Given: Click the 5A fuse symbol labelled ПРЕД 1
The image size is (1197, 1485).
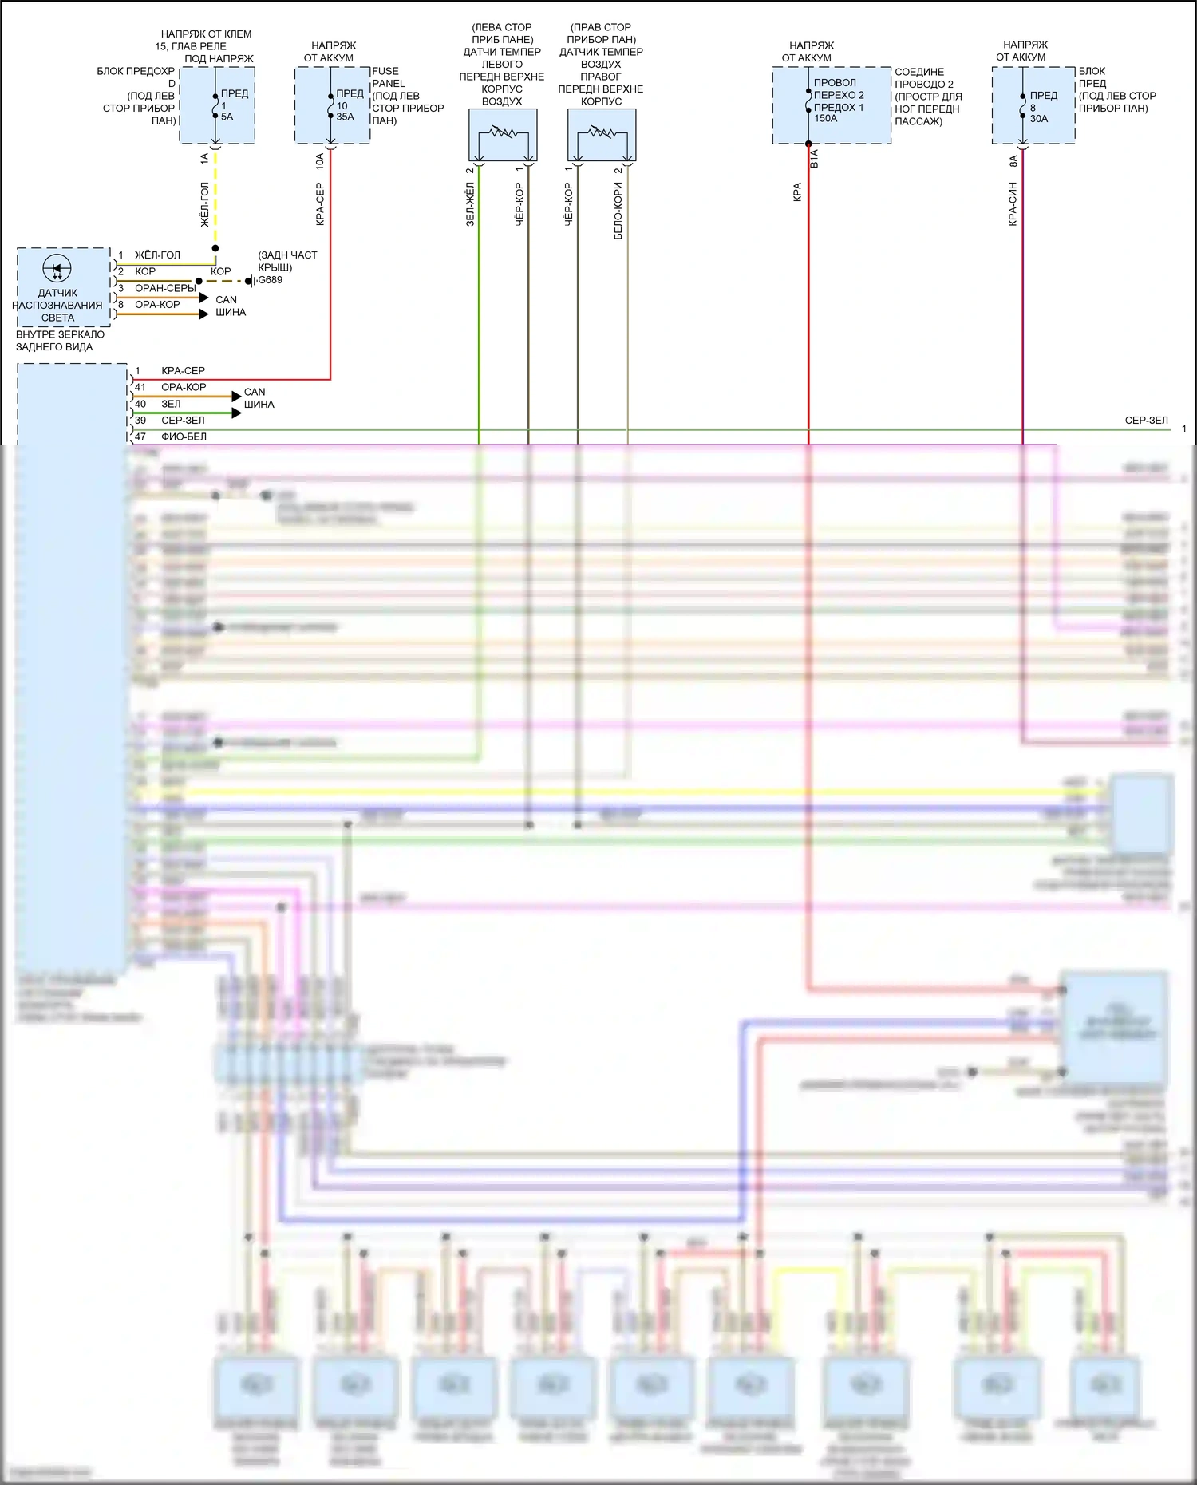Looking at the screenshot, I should [215, 105].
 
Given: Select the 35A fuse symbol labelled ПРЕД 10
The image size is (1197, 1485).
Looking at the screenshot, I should [330, 105].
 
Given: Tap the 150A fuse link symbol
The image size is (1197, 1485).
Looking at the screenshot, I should [808, 101].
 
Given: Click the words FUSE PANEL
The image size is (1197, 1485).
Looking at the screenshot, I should [389, 77].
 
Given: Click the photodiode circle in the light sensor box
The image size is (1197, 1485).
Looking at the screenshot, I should [57, 269].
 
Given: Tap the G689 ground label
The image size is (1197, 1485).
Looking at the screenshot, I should [271, 280].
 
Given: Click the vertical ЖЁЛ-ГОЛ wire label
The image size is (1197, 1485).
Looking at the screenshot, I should [204, 204].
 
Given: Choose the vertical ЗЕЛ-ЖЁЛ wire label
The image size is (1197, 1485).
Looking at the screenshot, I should [470, 204].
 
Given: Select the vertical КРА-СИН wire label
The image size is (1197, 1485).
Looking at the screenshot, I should [1013, 203].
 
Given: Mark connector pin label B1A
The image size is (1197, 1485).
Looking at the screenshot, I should [815, 158].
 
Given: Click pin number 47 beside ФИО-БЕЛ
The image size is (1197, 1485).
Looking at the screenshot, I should [140, 436].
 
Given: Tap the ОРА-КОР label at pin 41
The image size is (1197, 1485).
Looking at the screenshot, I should [184, 387].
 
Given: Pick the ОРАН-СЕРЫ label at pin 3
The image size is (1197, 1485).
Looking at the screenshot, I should [164, 288].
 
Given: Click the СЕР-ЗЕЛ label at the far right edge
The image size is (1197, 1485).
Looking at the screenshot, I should [1146, 420].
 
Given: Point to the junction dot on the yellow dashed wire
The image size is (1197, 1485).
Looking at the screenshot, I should [215, 248].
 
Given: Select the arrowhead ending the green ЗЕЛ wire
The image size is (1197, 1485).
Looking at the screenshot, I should [236, 413].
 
